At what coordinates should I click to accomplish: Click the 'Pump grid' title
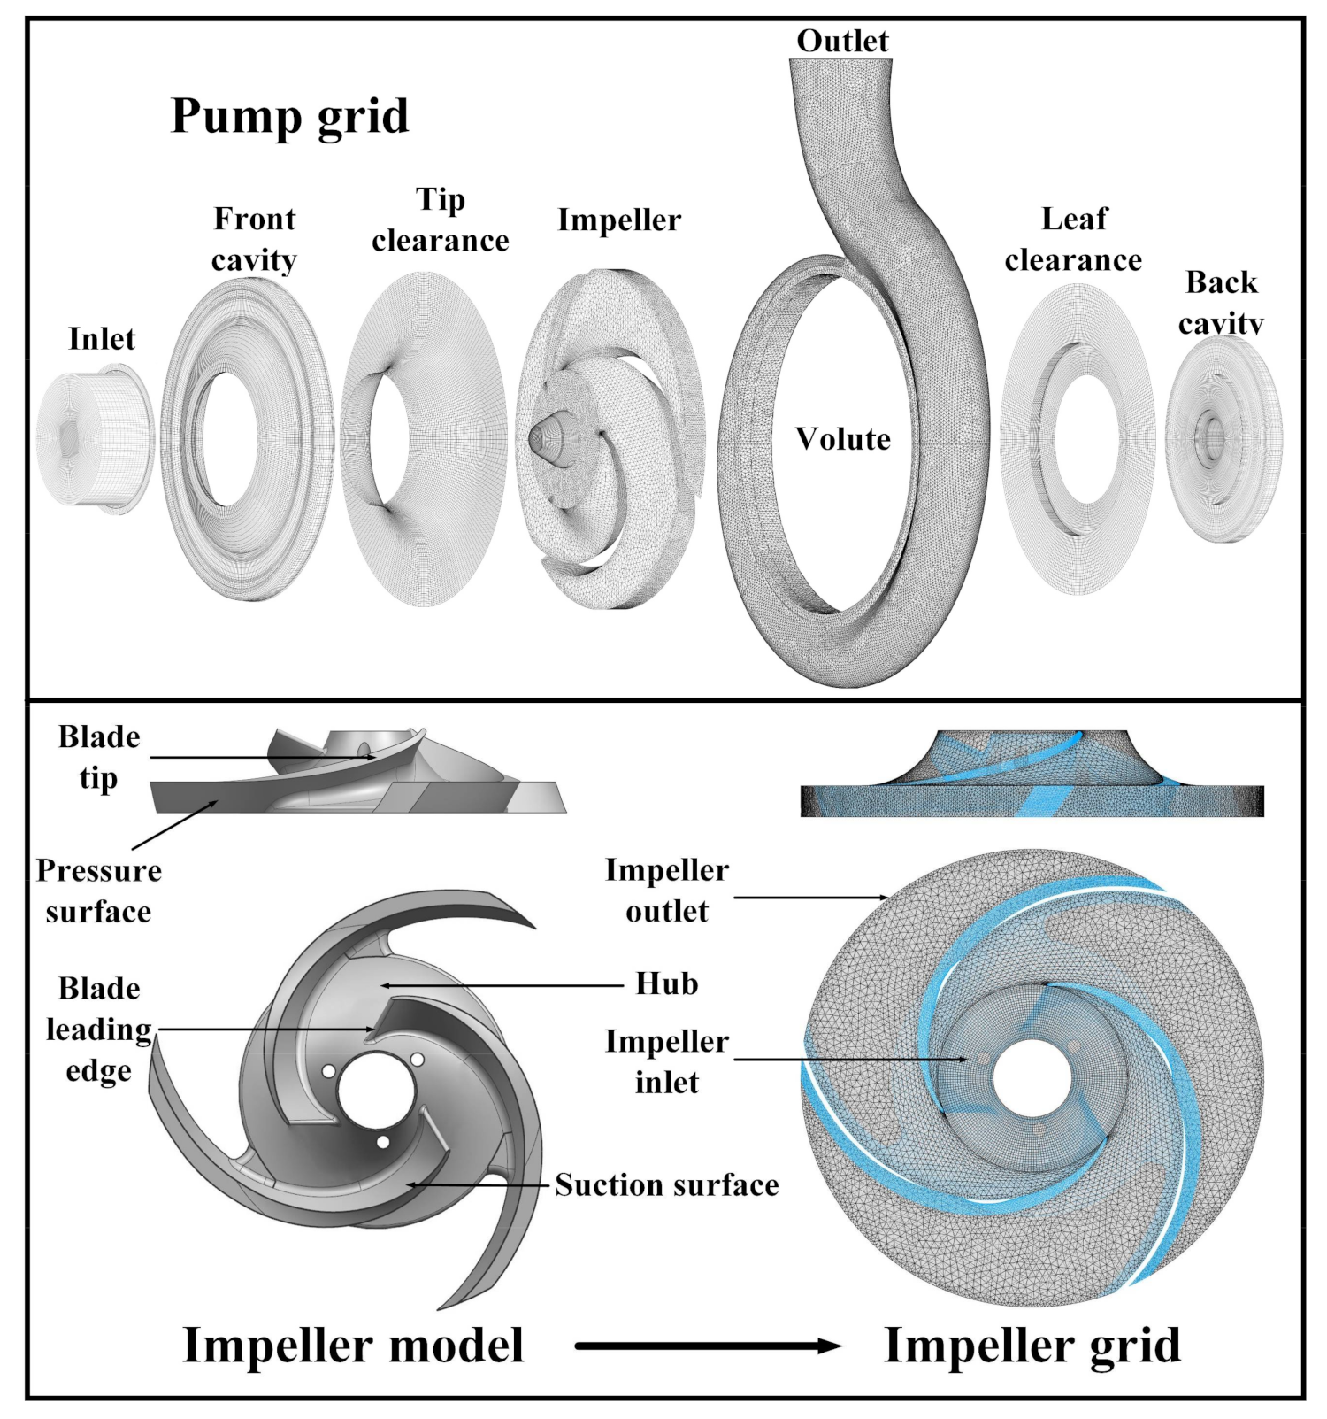[x=289, y=116]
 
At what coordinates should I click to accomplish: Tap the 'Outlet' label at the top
[x=841, y=41]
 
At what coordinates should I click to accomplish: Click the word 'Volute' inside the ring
[x=842, y=439]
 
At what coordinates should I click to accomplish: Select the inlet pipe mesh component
[x=96, y=442]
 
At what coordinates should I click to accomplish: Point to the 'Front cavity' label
[x=254, y=239]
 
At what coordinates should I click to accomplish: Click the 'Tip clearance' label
[x=440, y=220]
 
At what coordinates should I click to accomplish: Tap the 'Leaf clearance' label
[x=1073, y=239]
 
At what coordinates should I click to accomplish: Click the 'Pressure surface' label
[x=98, y=891]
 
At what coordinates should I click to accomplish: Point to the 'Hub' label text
[x=667, y=984]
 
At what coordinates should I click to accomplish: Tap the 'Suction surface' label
[x=667, y=1185]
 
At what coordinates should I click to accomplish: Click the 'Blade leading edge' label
[x=98, y=1030]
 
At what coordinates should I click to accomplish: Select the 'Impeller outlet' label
[x=667, y=891]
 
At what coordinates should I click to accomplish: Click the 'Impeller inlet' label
[x=667, y=1061]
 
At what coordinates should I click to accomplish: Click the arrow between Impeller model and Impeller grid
[x=708, y=1346]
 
